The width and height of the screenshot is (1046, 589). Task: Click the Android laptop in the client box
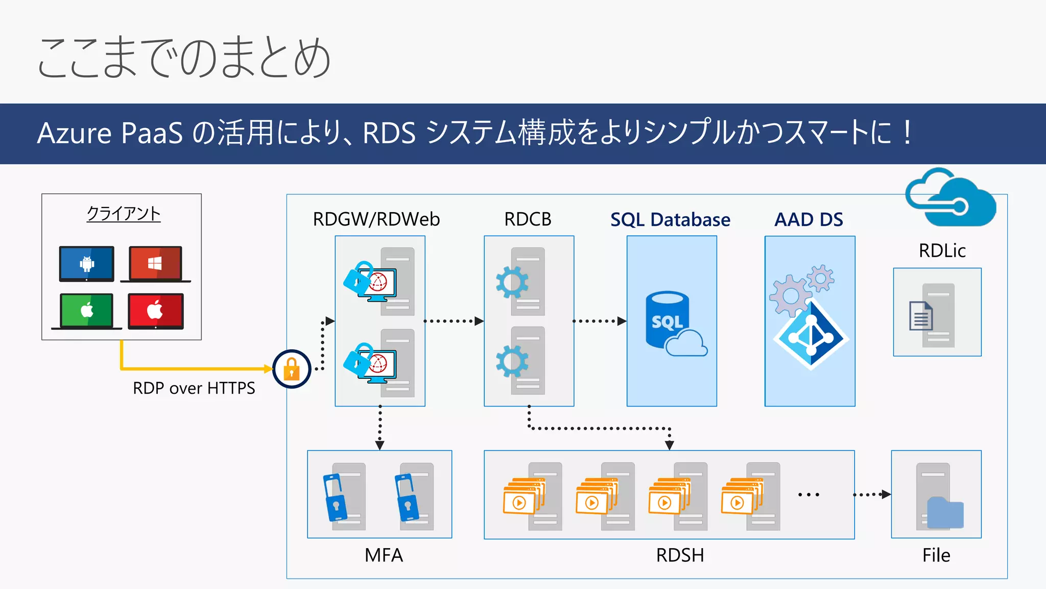pos(87,264)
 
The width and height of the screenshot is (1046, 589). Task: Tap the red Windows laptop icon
pos(155,264)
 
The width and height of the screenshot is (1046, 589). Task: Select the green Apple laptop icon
pos(87,310)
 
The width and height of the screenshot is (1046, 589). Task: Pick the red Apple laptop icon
pos(155,310)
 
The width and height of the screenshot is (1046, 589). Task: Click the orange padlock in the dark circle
pos(292,369)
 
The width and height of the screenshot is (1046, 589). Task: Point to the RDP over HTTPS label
pos(194,388)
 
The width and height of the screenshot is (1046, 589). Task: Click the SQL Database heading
pos(670,219)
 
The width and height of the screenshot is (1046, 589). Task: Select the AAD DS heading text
pos(809,219)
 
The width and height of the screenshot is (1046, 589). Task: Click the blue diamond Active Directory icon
pos(811,335)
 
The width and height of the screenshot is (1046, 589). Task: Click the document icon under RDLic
pos(921,316)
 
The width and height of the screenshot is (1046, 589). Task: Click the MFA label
pos(384,555)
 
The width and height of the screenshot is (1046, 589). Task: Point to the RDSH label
pos(680,555)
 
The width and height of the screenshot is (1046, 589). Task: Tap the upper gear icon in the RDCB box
pos(512,282)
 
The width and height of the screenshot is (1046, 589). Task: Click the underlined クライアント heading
pos(124,213)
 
